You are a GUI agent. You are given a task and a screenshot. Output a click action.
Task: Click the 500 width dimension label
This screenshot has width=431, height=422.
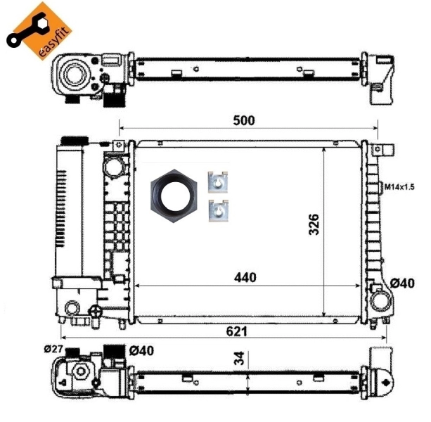click(243, 120)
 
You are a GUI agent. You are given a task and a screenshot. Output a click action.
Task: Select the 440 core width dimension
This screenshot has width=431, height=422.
click(245, 277)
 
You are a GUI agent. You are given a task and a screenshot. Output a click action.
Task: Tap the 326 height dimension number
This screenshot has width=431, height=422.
click(314, 224)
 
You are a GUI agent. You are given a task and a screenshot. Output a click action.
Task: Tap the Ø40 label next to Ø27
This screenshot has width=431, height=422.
click(142, 350)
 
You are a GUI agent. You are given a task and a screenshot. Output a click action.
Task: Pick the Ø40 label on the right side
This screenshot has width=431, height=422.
click(403, 283)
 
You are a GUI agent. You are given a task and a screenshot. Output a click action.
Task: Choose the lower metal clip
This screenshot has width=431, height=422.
click(219, 210)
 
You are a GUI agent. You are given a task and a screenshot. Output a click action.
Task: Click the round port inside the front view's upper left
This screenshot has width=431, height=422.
click(112, 167)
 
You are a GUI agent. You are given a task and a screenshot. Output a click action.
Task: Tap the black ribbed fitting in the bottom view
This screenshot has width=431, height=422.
click(112, 351)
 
